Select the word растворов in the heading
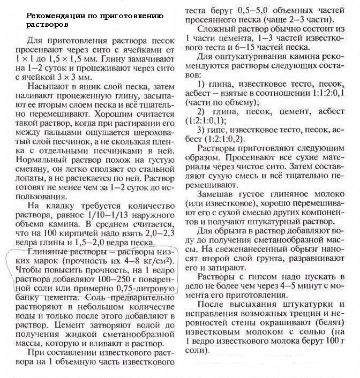(x=43, y=24)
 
